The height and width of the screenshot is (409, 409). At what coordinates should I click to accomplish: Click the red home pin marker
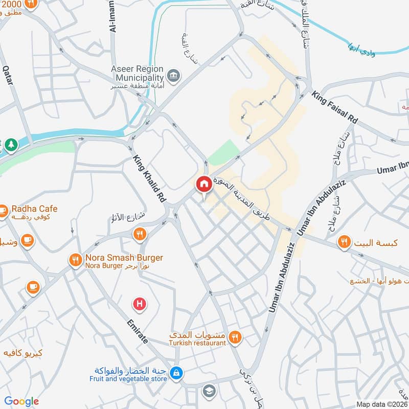[204, 185]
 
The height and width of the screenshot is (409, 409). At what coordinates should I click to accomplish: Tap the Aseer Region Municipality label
[138, 73]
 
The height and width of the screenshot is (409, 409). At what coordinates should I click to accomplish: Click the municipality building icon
[174, 75]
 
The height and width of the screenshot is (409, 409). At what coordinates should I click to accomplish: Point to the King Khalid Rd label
[150, 177]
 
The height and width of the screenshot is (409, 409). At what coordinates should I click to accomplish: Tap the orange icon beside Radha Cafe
[3, 210]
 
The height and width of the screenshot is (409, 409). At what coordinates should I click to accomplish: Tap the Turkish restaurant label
[198, 343]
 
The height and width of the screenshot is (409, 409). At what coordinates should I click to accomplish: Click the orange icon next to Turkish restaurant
[235, 337]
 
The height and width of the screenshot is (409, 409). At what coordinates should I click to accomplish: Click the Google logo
[21, 401]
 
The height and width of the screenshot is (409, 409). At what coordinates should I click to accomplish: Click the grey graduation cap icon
[209, 391]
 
